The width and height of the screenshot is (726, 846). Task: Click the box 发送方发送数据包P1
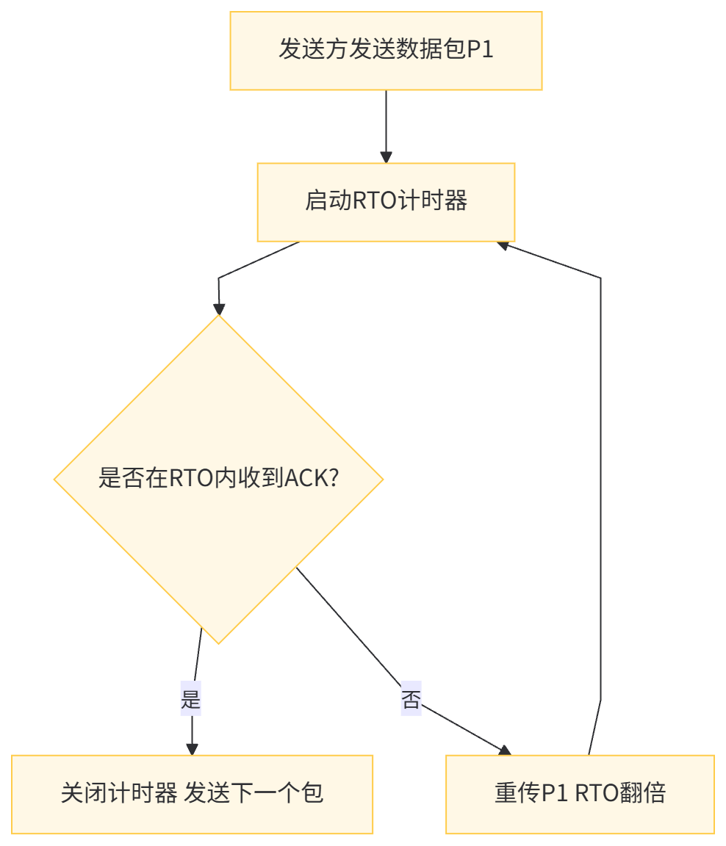pyautogui.click(x=386, y=51)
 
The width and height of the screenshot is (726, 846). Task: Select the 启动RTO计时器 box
pyautogui.click(x=386, y=202)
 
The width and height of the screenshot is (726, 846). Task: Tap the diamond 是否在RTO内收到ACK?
pyautogui.click(x=218, y=479)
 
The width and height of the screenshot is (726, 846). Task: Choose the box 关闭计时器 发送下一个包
pyautogui.click(x=192, y=794)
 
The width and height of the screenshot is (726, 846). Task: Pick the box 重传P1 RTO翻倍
pyautogui.click(x=580, y=794)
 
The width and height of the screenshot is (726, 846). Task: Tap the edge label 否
pyautogui.click(x=411, y=699)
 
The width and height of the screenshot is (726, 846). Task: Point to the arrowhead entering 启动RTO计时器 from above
pyautogui.click(x=386, y=157)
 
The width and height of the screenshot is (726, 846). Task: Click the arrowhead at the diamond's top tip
pyautogui.click(x=218, y=308)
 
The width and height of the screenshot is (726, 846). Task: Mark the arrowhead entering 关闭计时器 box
pyautogui.click(x=192, y=748)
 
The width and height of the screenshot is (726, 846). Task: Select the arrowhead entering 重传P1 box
pyautogui.click(x=504, y=750)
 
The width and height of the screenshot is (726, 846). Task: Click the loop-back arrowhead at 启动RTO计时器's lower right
pyautogui.click(x=503, y=245)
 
